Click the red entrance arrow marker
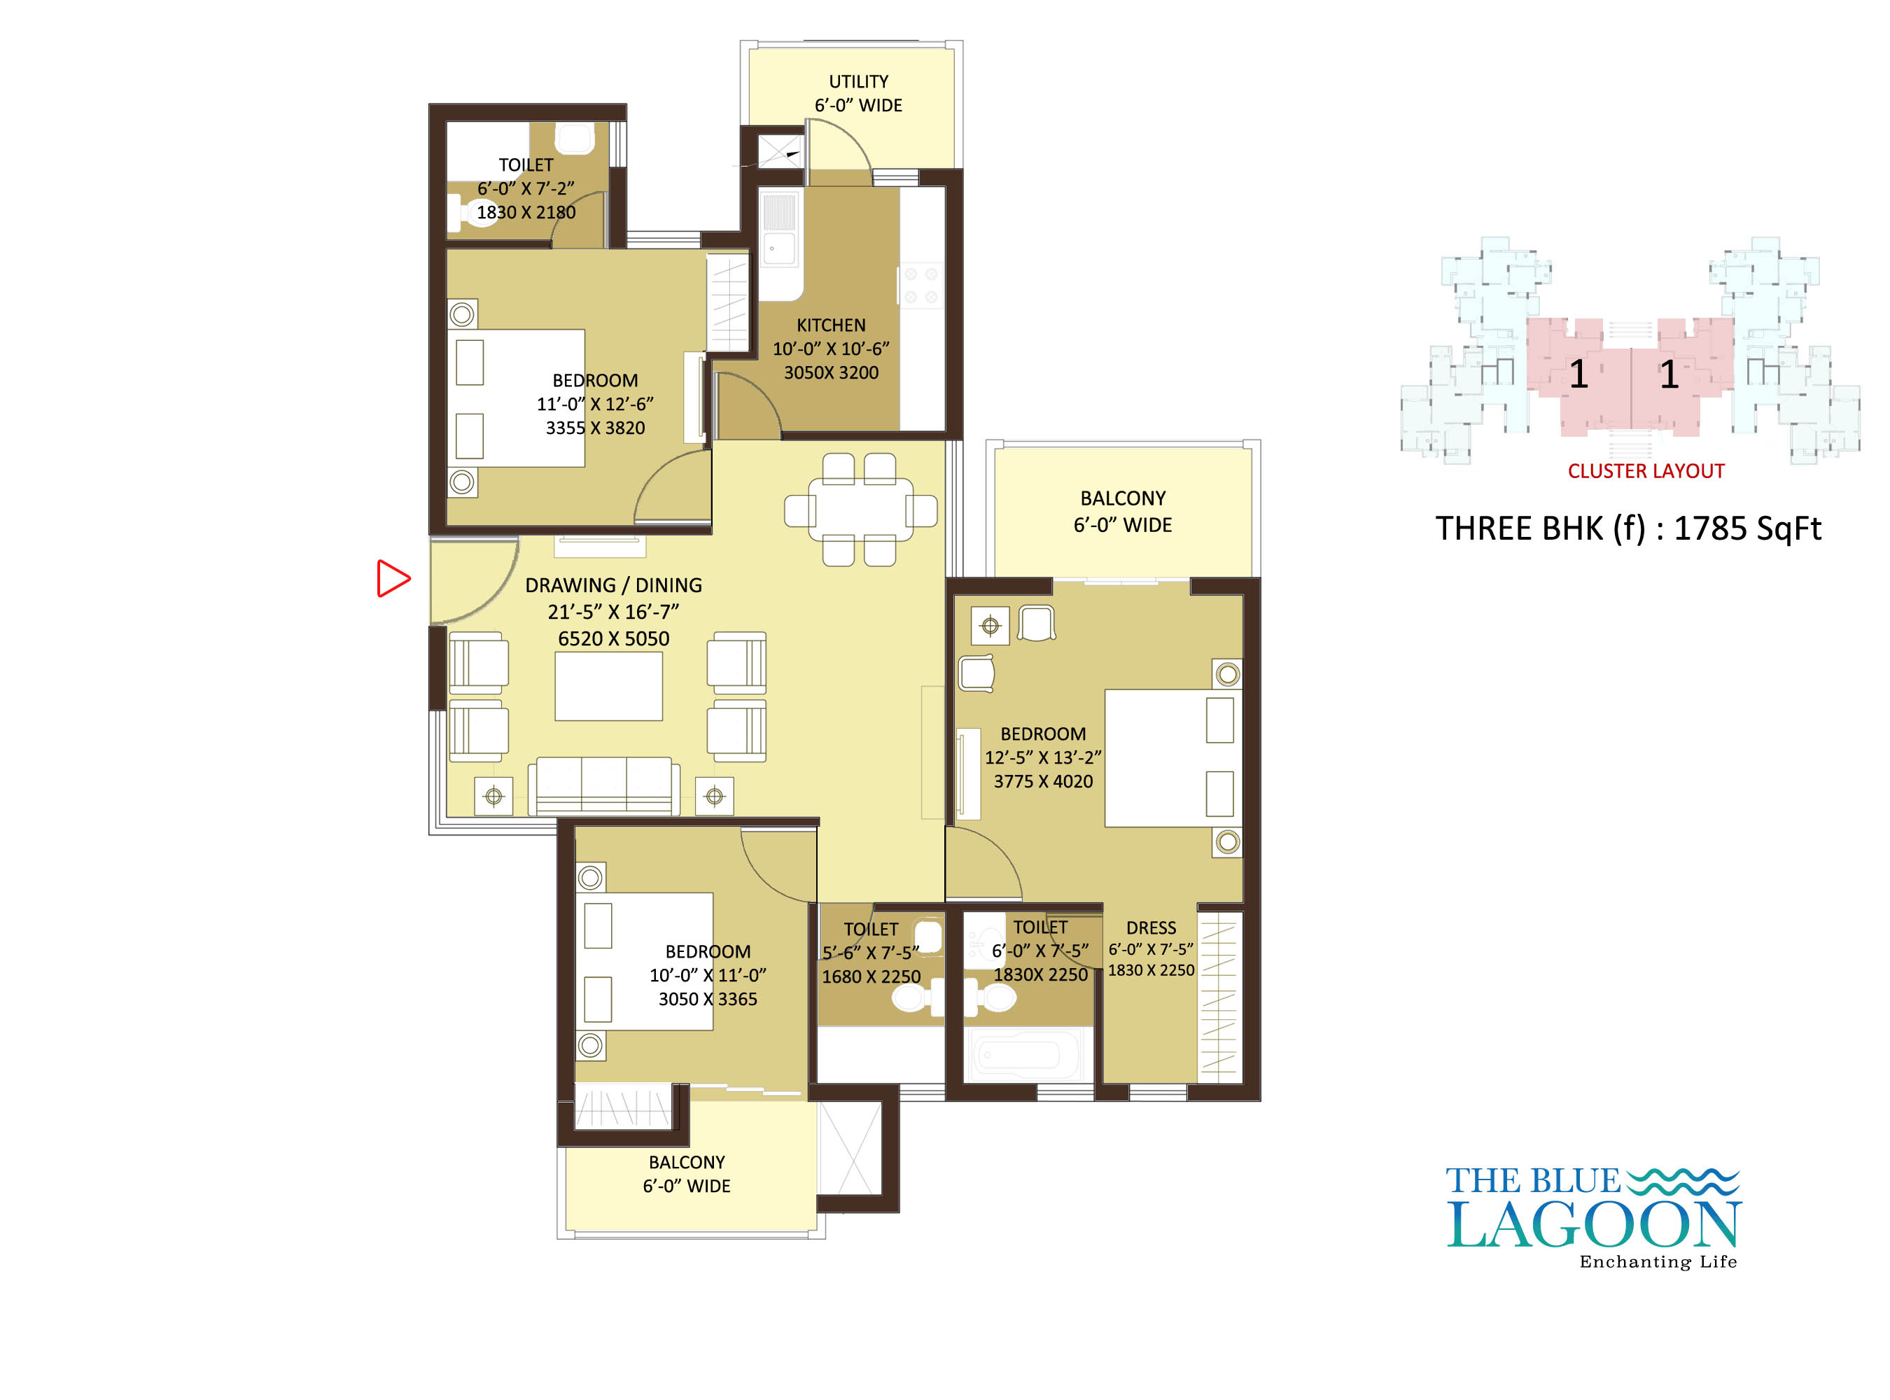(393, 578)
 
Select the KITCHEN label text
(831, 325)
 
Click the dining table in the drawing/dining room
(860, 510)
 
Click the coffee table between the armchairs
(608, 687)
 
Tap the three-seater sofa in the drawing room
(603, 786)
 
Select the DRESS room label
(1150, 928)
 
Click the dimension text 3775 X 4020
(1042, 781)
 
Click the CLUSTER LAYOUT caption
(1645, 471)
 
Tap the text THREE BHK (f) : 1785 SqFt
(1627, 528)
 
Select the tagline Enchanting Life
(1657, 1262)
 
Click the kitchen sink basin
(779, 248)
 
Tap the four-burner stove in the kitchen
(920, 286)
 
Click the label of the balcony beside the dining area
(1122, 511)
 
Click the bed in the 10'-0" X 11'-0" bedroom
(644, 961)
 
